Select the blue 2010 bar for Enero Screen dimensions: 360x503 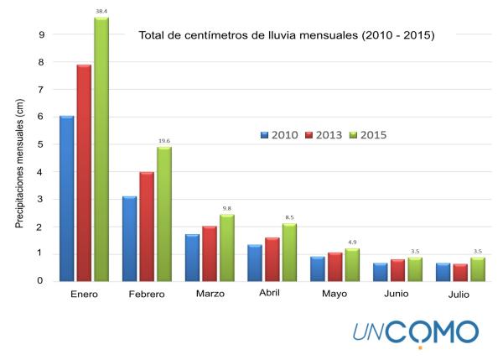(67, 198)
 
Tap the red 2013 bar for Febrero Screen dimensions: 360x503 (147, 227)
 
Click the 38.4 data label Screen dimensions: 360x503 (101, 11)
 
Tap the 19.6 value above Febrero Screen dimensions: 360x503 (163, 141)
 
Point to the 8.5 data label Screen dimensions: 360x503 (289, 217)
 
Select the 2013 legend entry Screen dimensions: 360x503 (324, 134)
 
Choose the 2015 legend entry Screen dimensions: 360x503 (366, 134)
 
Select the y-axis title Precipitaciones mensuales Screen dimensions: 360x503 (20, 164)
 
